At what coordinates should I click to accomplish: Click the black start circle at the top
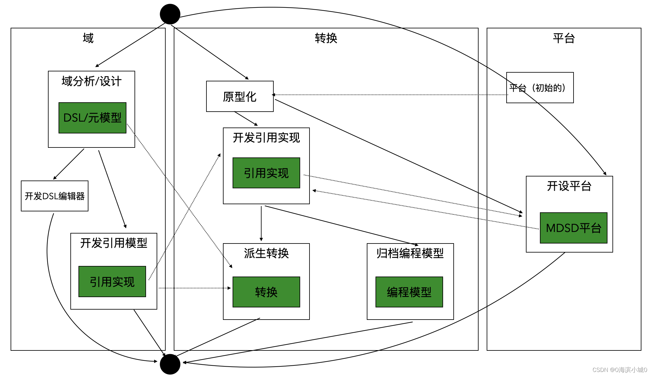click(x=170, y=14)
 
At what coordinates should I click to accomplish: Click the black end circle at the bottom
click(x=170, y=364)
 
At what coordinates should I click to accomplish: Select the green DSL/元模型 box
click(x=92, y=118)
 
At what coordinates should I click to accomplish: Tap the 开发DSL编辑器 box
click(x=54, y=196)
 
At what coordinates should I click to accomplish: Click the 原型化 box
click(x=240, y=96)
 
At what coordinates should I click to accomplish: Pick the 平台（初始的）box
click(x=540, y=88)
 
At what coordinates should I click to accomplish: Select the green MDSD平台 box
click(x=574, y=228)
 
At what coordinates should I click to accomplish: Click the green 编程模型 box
click(x=409, y=292)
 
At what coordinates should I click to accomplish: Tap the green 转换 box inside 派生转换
click(x=266, y=292)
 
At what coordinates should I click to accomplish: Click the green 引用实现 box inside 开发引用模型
click(x=112, y=282)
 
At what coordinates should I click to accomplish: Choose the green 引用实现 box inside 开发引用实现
click(x=266, y=173)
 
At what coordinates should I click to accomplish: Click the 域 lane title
click(x=88, y=38)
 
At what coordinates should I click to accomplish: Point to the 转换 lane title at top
click(x=326, y=38)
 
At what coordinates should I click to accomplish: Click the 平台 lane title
click(x=564, y=38)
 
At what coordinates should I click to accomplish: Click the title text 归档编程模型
click(x=410, y=253)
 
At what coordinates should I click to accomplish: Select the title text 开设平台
click(x=569, y=186)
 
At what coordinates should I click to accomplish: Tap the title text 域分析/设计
click(x=91, y=81)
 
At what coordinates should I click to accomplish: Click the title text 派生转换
click(x=266, y=253)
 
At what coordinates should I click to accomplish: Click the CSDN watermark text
click(x=619, y=370)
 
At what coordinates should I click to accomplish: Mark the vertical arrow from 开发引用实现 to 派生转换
click(x=261, y=223)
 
